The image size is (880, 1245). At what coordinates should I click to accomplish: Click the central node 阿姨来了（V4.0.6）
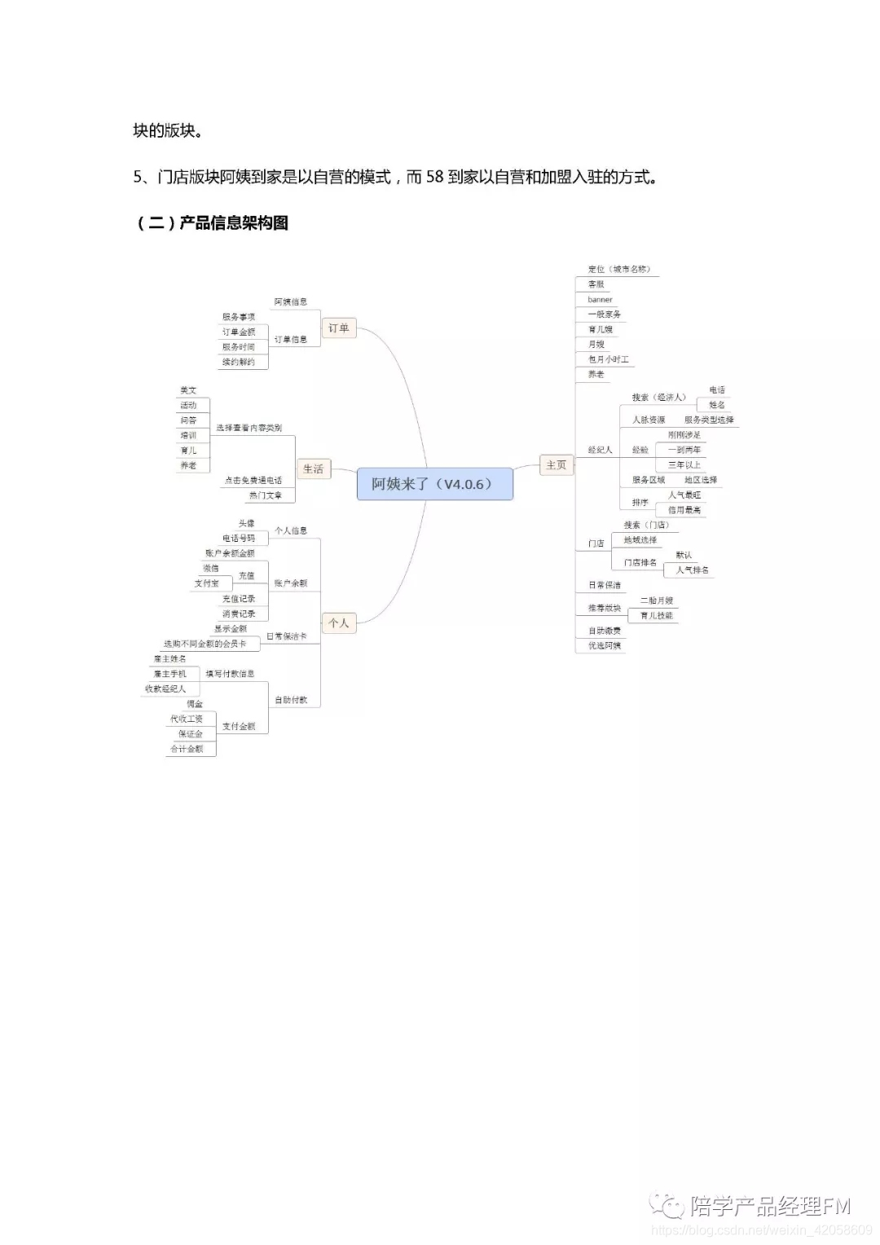[434, 484]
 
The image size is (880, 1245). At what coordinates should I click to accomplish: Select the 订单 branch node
[338, 328]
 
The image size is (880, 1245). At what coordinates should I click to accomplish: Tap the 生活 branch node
[313, 469]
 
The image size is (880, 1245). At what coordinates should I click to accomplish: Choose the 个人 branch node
[338, 623]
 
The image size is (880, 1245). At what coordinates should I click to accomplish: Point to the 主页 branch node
[556, 465]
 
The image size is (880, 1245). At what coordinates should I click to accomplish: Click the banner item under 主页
[600, 300]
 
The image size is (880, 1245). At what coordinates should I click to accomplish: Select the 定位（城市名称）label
[618, 269]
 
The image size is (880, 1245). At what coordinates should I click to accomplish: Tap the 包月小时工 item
[608, 359]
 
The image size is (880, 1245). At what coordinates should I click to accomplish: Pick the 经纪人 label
[600, 450]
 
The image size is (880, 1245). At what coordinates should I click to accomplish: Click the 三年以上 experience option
[684, 465]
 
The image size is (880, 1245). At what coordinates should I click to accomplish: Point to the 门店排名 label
[640, 562]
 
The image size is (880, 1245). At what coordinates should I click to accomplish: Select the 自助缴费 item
[605, 631]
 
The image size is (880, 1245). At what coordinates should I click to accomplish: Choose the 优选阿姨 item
[605, 646]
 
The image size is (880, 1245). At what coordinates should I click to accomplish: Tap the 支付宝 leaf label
[206, 583]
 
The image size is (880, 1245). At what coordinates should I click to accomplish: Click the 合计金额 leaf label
[187, 749]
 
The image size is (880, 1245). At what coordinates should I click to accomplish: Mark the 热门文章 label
[265, 495]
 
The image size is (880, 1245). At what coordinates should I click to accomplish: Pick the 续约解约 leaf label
[238, 362]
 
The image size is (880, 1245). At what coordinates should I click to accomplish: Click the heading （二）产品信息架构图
[211, 223]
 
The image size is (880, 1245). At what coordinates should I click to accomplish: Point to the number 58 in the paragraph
[434, 177]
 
